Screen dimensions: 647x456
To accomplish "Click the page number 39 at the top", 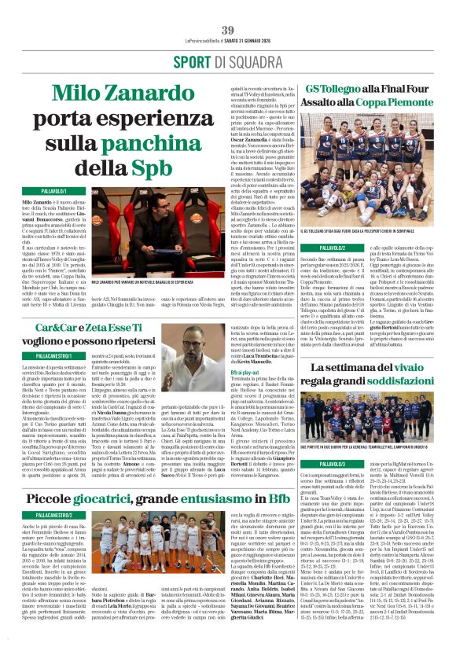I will (228, 30).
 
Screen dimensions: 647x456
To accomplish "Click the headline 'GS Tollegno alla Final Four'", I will (366, 90).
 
